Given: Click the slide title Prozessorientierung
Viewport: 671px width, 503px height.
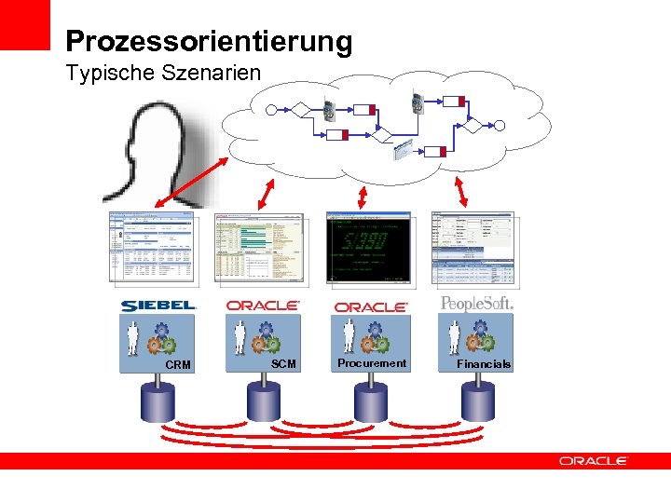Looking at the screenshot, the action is click(209, 42).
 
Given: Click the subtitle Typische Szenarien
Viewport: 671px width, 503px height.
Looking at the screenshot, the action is click(163, 73).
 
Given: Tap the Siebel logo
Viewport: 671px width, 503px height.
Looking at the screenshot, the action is click(158, 306).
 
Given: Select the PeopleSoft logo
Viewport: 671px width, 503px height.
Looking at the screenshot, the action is click(476, 304).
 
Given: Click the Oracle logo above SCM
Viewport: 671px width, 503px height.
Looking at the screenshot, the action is click(263, 306).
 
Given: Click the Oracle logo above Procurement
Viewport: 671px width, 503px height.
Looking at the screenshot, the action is click(371, 306).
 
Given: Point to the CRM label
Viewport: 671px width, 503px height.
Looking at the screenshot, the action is click(177, 365).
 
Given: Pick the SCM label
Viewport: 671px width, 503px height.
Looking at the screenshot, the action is click(283, 364).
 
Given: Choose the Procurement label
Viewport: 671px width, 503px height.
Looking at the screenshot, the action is click(372, 363).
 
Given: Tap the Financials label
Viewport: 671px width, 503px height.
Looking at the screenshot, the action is click(484, 364).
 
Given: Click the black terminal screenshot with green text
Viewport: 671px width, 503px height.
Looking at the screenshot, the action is click(368, 247).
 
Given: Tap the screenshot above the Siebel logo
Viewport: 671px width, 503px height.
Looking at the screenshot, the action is click(151, 247).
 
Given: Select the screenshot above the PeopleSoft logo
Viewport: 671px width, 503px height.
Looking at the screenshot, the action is click(472, 248).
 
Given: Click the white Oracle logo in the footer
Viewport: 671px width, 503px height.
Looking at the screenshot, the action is click(594, 461).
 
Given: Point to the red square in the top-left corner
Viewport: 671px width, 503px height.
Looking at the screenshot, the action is click(24, 24).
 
